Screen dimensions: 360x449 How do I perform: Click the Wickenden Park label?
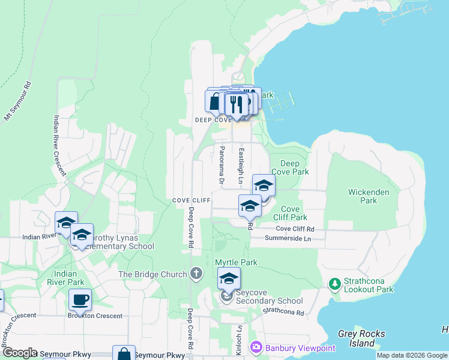click(x=369, y=196)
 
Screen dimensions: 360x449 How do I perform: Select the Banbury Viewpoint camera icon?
click(x=256, y=347)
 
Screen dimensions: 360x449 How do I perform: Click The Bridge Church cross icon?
click(x=196, y=274)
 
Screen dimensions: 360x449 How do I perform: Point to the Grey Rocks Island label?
click(x=361, y=338)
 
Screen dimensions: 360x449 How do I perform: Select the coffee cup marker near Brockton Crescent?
click(x=80, y=299)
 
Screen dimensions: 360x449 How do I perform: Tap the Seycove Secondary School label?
click(x=269, y=301)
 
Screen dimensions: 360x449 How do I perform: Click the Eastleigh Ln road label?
click(x=241, y=165)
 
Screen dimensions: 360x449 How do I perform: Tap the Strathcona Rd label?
click(x=283, y=311)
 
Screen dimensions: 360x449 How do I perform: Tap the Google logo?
click(x=20, y=353)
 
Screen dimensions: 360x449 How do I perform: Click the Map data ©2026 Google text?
click(x=412, y=355)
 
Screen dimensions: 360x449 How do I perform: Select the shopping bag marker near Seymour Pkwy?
click(x=124, y=354)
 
